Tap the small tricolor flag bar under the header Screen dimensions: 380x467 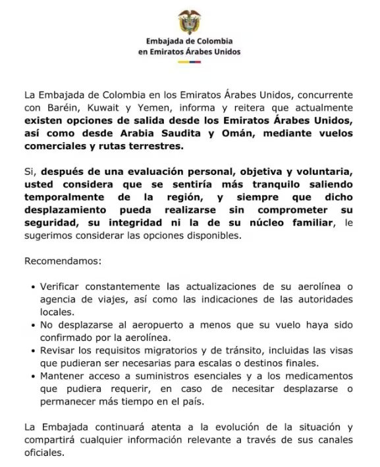tap(190, 64)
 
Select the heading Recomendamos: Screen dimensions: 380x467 tap(63, 261)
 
